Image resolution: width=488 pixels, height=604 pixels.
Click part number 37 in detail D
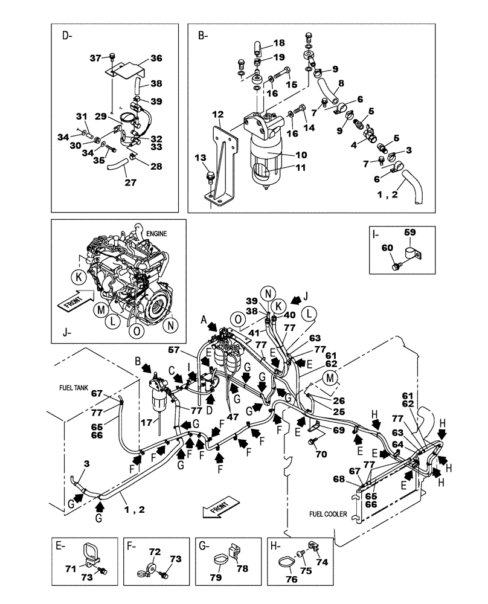click(94, 58)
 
